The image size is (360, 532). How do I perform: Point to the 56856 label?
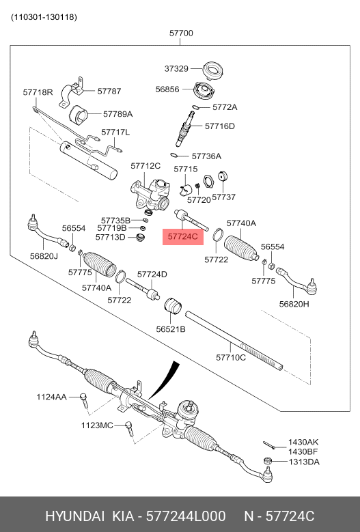point(167,89)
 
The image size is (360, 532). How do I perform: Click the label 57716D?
point(219,126)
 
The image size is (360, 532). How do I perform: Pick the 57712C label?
point(146,166)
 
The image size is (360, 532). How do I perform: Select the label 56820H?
point(294,304)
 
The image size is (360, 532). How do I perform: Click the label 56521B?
point(171,329)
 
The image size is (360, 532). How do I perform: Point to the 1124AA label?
point(51,397)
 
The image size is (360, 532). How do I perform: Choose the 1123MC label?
point(97,425)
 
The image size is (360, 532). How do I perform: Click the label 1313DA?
point(303,462)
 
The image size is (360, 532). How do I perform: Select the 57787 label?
point(109,90)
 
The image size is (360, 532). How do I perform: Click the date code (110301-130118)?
point(44,16)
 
